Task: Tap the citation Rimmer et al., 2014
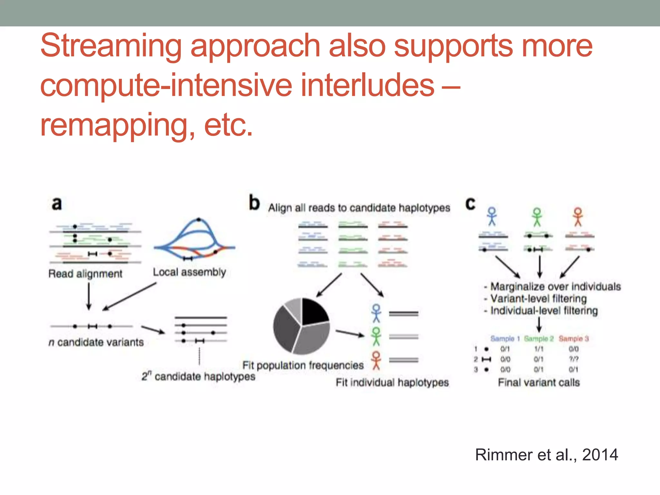tap(546, 455)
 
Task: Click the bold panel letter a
tap(57, 204)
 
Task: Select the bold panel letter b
tap(254, 203)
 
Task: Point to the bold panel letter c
tap(470, 204)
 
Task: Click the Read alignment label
tap(85, 274)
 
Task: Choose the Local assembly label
tap(189, 272)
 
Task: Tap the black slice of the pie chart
tap(314, 311)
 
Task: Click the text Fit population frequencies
tap(303, 365)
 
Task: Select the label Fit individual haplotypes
tap(392, 383)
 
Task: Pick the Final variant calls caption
tap(539, 383)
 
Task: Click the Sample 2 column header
tap(539, 339)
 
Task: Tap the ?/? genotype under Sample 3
tap(574, 359)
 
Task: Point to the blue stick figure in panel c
tap(492, 216)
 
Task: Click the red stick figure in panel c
tap(578, 217)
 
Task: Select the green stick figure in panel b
tap(376, 336)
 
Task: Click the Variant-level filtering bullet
tap(538, 299)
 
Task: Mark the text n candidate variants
tap(96, 342)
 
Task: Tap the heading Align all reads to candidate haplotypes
tap(359, 208)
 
